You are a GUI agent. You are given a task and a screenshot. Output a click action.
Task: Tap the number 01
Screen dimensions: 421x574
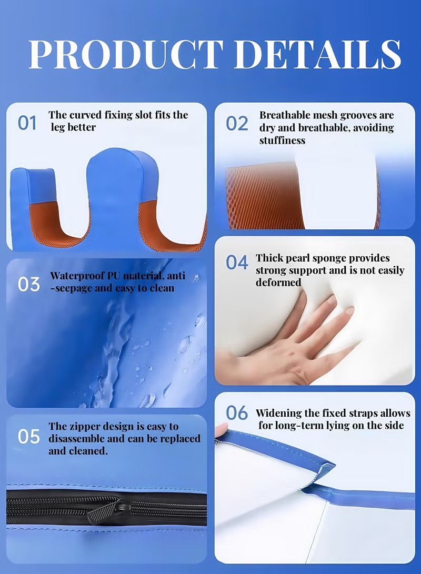click(x=27, y=123)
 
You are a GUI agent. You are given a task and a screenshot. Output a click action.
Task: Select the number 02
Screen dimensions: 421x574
click(x=237, y=123)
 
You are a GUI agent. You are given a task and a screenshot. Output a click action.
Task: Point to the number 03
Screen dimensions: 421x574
click(x=28, y=285)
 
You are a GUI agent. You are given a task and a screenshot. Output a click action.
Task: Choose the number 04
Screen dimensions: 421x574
click(x=237, y=262)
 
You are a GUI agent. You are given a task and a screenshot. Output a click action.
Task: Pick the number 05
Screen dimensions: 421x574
click(x=28, y=436)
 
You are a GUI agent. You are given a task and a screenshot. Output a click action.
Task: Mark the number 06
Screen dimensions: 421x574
click(x=237, y=413)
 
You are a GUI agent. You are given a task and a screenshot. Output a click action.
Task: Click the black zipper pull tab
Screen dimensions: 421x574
click(x=109, y=512)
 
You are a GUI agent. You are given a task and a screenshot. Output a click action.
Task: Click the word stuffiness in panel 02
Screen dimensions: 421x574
click(x=282, y=140)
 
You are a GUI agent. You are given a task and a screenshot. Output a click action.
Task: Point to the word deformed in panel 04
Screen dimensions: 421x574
click(x=278, y=282)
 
